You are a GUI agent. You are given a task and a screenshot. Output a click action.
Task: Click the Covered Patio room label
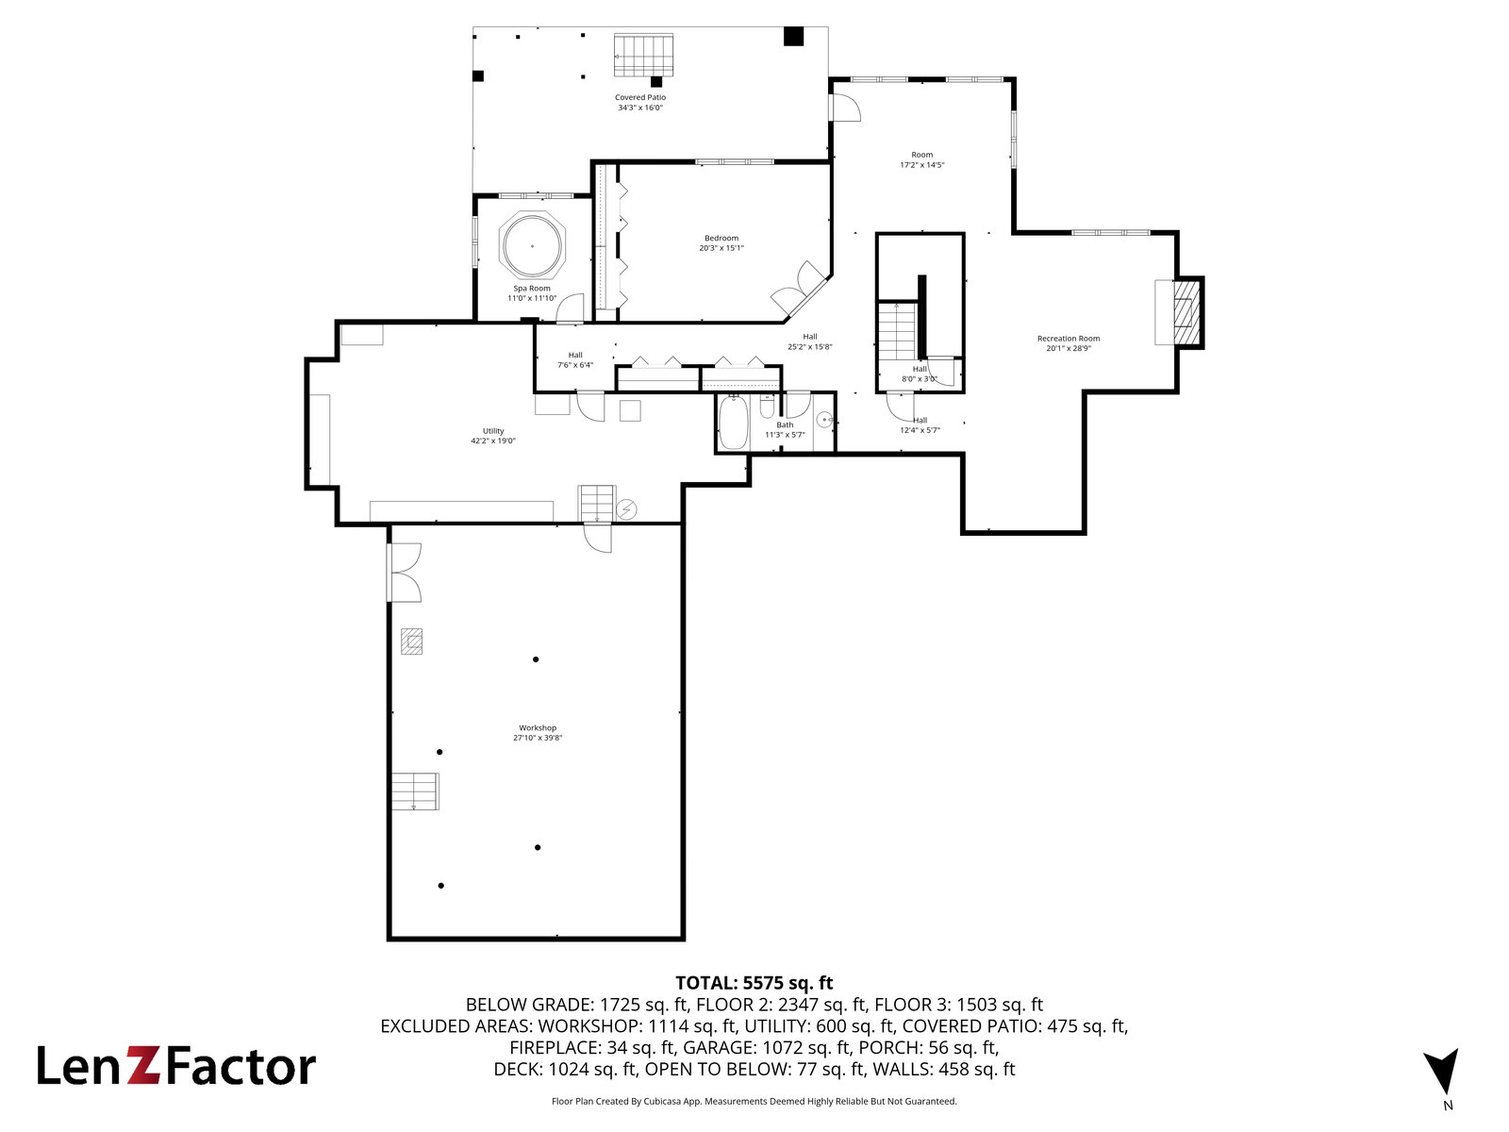tap(640, 97)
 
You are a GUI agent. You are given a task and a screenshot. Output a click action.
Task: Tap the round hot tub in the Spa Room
tap(532, 244)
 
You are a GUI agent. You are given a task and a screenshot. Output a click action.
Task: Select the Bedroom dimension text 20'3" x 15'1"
tap(721, 248)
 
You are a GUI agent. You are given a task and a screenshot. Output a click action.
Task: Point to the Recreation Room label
tap(1069, 338)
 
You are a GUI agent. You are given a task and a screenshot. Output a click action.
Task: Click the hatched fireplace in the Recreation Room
tap(1186, 313)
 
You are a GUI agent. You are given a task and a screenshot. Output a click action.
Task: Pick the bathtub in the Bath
tap(734, 422)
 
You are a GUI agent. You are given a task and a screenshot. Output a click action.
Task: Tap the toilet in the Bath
tap(767, 408)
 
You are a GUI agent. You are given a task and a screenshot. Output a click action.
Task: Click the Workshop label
tap(538, 728)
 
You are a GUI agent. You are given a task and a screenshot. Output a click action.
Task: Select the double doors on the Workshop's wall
tap(405, 573)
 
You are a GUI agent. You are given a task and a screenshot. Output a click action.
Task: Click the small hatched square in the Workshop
tap(412, 641)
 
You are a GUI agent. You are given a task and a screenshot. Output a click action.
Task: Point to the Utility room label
tap(493, 431)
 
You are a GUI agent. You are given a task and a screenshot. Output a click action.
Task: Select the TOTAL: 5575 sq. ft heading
tap(754, 983)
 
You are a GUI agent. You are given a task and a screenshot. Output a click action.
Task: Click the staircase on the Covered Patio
tap(643, 55)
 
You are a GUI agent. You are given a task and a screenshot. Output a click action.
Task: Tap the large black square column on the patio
tap(793, 36)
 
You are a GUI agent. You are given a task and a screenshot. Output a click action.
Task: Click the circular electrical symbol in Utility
tap(626, 510)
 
